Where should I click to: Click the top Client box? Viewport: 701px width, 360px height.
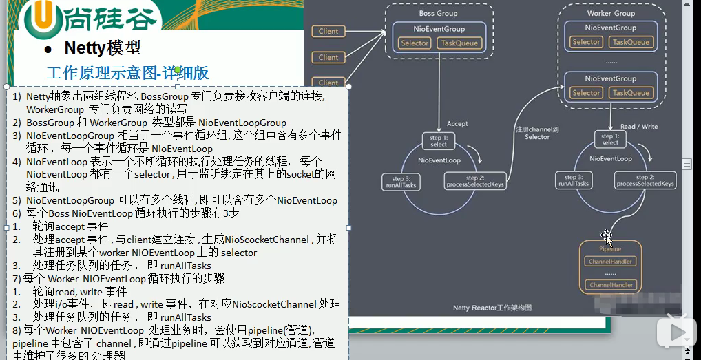[x=328, y=31]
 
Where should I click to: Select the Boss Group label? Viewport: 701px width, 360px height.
[x=438, y=13]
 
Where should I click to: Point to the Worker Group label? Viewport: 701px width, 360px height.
[x=611, y=13]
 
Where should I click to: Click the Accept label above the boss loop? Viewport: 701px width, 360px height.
[x=457, y=124]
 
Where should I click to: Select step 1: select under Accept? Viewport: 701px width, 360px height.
[x=439, y=141]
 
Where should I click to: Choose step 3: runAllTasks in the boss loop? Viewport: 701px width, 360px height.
[x=401, y=182]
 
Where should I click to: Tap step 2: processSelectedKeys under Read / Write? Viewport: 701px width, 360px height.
[x=645, y=180]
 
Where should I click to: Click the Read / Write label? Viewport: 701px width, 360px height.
[x=639, y=127]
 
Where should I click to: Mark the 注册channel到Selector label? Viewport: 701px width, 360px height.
[x=537, y=133]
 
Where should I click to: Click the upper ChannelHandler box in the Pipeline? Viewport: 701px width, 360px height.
[x=610, y=262]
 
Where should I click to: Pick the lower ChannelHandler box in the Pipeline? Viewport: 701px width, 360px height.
[x=610, y=285]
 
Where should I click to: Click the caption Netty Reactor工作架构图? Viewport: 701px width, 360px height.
[x=492, y=308]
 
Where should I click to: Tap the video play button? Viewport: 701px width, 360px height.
[x=676, y=333]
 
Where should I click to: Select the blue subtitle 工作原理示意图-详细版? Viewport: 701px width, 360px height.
[x=127, y=73]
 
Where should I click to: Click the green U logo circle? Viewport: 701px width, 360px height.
[x=40, y=19]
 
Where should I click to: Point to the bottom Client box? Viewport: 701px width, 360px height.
[x=328, y=83]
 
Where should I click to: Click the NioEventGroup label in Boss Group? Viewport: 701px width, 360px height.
[x=438, y=29]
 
